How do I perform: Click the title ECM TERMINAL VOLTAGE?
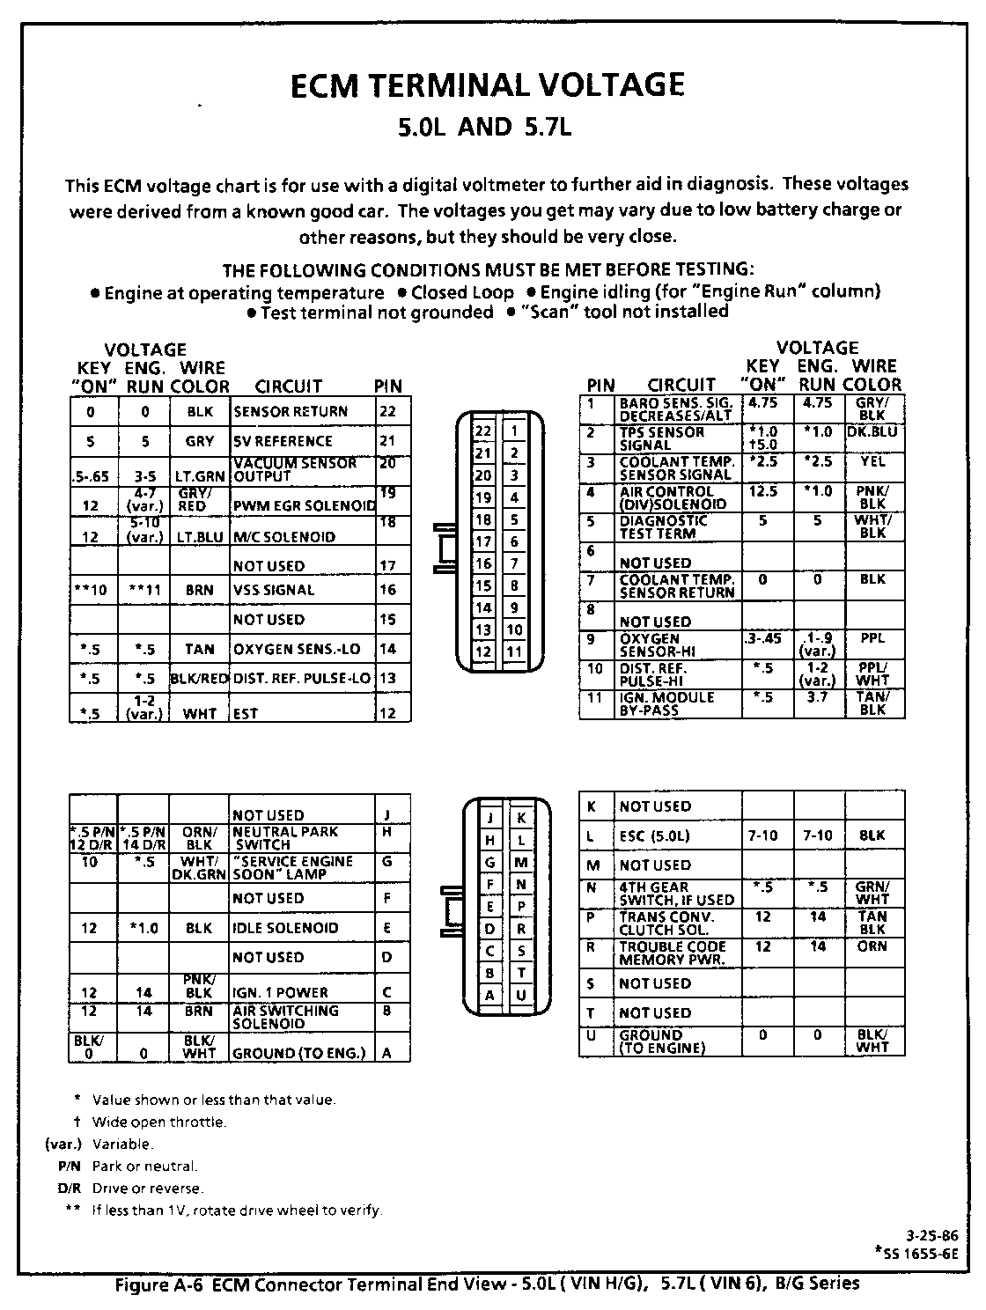(487, 85)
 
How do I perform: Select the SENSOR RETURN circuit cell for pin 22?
(291, 412)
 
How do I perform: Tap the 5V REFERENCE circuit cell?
(283, 441)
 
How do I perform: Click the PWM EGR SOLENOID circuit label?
(304, 506)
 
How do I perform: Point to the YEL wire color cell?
(872, 462)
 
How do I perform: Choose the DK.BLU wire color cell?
(872, 432)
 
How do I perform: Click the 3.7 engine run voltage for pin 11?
(817, 698)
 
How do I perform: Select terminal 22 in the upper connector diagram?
(483, 431)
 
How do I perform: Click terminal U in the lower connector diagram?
(521, 996)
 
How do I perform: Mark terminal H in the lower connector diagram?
(489, 841)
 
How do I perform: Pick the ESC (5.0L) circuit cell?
(655, 835)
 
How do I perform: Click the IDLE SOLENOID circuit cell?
(285, 928)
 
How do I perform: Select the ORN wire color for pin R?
(872, 947)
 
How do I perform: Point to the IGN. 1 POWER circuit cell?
(281, 993)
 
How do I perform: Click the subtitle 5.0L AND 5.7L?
(486, 129)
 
